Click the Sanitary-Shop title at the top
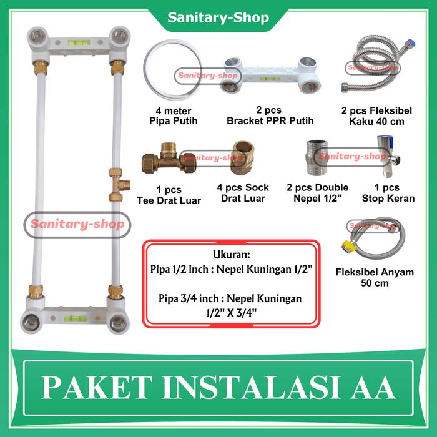(x=218, y=17)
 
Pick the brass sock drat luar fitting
(x=242, y=159)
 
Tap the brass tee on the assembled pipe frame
(x=117, y=184)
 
